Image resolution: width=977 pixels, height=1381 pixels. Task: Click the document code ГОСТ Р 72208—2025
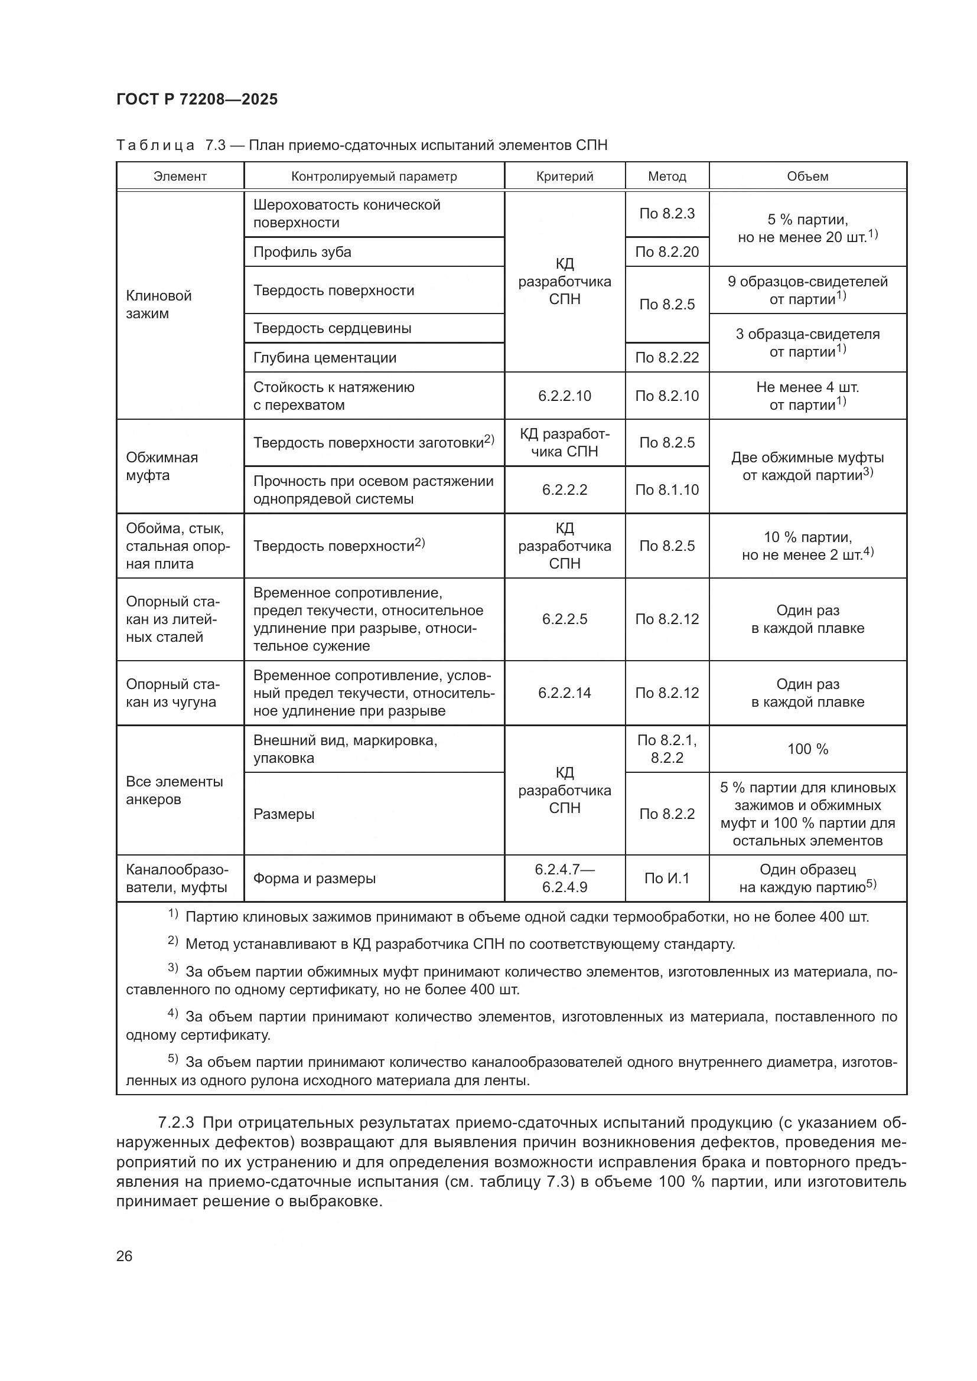[x=197, y=99]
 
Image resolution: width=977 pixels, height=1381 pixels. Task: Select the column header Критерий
[x=564, y=176]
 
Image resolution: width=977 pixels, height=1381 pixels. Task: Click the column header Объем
[x=807, y=176]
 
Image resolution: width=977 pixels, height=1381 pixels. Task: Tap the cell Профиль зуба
[x=302, y=252]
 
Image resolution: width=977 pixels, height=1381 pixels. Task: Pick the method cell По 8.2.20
[x=666, y=252]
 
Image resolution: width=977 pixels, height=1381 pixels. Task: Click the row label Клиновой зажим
[x=159, y=304]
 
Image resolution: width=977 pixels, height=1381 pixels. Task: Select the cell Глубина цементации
[x=324, y=358]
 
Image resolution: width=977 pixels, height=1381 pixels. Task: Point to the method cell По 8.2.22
[x=666, y=358]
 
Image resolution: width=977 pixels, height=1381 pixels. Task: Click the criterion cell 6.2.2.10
[x=564, y=396]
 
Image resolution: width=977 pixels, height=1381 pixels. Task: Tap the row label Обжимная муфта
[x=161, y=466]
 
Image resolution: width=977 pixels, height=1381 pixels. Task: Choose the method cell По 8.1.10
[x=666, y=489]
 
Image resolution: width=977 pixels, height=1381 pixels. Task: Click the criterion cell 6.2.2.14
[x=564, y=693]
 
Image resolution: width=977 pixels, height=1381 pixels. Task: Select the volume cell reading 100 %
[x=807, y=749]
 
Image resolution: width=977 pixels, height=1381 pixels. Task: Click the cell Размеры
[x=284, y=814]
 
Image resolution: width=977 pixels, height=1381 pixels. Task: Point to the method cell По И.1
[x=666, y=878]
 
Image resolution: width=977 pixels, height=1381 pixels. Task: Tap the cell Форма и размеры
[x=314, y=878]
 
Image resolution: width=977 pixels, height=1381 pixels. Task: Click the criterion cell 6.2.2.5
[x=564, y=619]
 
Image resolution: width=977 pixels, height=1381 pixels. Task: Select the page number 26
[x=124, y=1256]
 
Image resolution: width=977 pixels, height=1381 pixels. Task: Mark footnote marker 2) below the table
[x=172, y=941]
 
